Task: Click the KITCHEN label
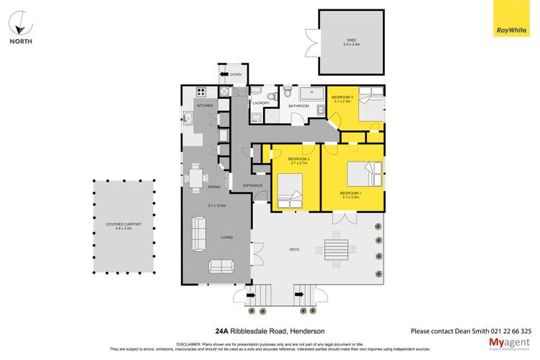click(205, 106)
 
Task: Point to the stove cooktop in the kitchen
click(201, 92)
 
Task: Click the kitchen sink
click(187, 118)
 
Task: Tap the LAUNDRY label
click(260, 103)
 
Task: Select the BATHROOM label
click(298, 106)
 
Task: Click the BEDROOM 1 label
click(350, 193)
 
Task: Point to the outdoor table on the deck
click(335, 250)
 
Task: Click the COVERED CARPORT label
click(123, 224)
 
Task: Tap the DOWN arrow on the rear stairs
click(235, 74)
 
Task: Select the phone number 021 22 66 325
click(508, 331)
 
